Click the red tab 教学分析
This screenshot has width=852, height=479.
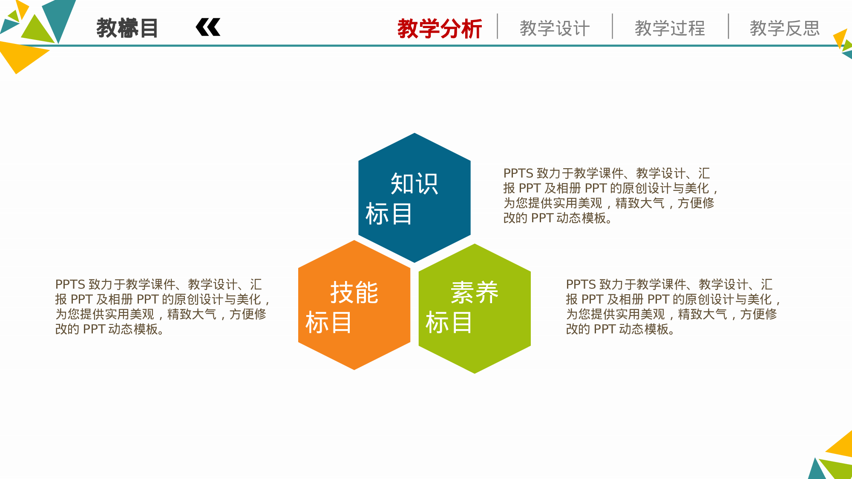click(x=439, y=29)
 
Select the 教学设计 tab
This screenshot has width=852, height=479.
click(x=555, y=29)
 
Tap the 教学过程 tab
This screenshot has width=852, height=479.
click(x=670, y=29)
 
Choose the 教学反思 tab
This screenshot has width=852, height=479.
click(x=785, y=29)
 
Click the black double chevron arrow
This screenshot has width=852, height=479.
click(x=208, y=28)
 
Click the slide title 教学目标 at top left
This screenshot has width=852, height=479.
click(x=127, y=29)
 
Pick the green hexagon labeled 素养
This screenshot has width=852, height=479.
click(x=475, y=353)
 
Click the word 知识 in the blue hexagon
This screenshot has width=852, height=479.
click(x=414, y=184)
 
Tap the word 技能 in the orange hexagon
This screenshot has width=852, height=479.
click(x=354, y=293)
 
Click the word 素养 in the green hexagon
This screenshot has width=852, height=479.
click(x=475, y=293)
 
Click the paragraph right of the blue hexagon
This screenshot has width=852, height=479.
click(x=610, y=195)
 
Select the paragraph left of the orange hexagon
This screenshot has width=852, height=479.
click(x=162, y=307)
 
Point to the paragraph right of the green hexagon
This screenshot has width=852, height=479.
click(x=673, y=307)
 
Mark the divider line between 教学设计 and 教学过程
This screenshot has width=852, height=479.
click(x=613, y=26)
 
